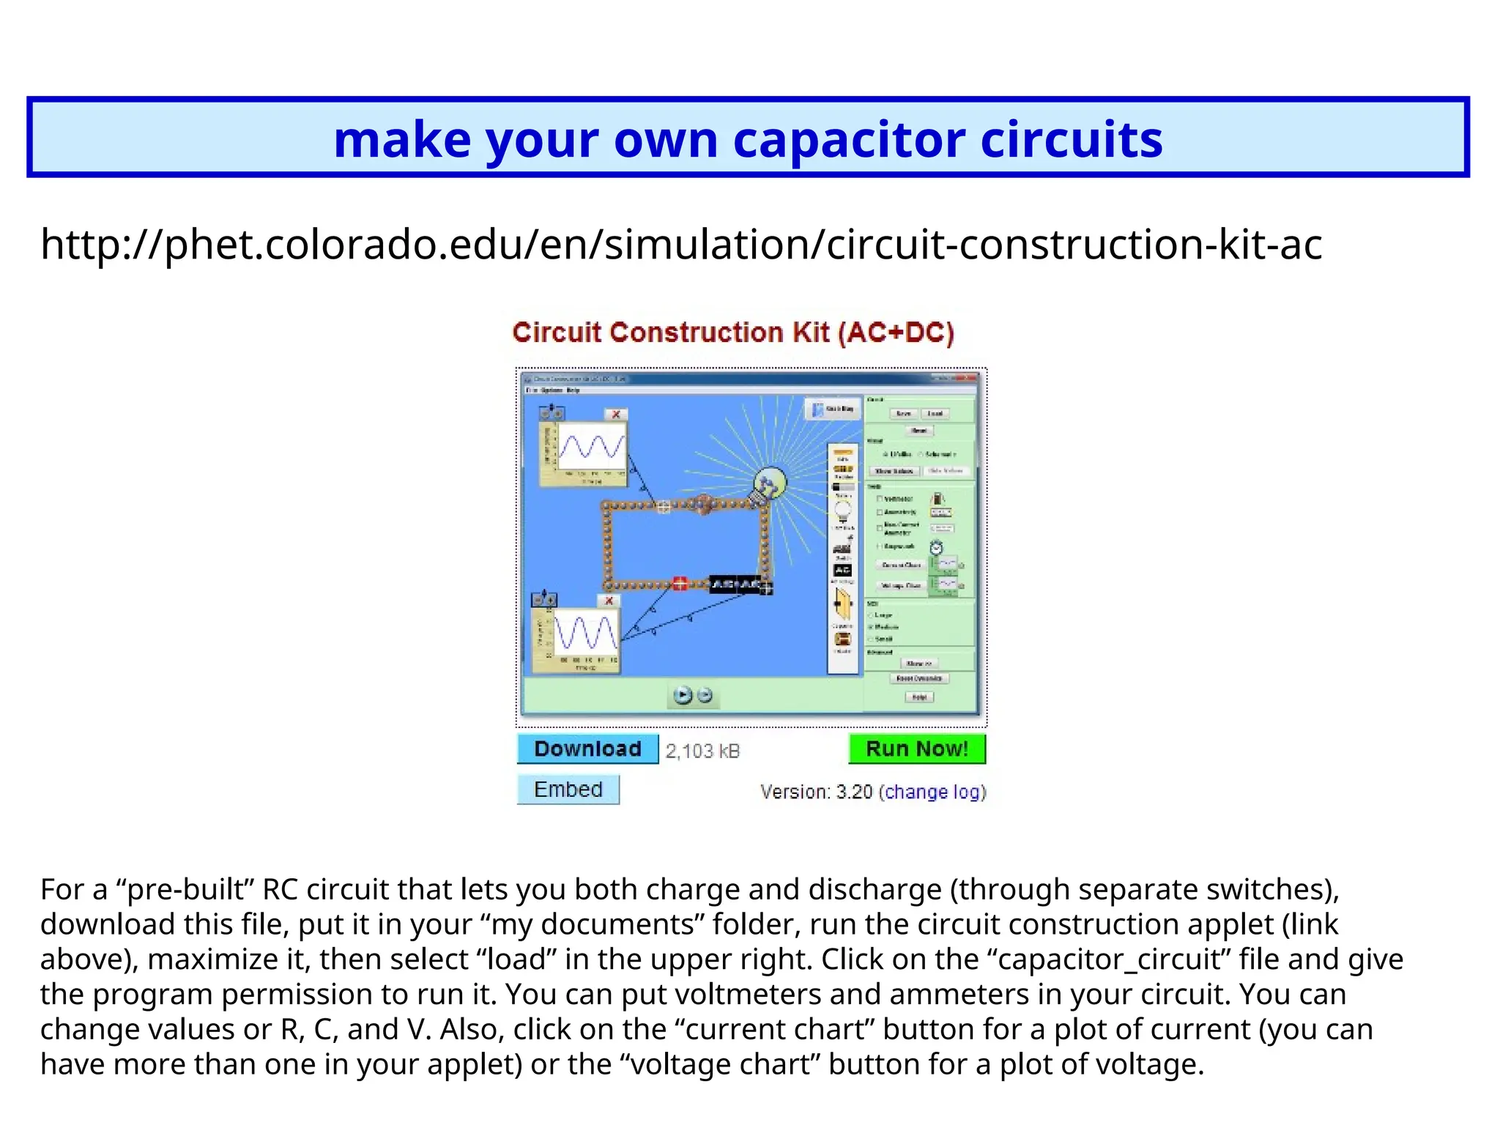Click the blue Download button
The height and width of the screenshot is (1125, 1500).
pyautogui.click(x=587, y=749)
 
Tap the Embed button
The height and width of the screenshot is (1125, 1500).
pyautogui.click(x=568, y=790)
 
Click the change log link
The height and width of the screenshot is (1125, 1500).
pyautogui.click(x=932, y=792)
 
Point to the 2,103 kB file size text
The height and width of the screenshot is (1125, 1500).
pyautogui.click(x=702, y=751)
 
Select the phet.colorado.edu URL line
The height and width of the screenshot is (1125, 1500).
pyautogui.click(x=681, y=244)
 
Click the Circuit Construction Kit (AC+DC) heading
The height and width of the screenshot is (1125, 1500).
pyautogui.click(x=733, y=333)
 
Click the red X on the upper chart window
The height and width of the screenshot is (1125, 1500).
pyautogui.click(x=616, y=414)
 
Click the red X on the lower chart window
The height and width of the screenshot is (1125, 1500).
pyautogui.click(x=609, y=601)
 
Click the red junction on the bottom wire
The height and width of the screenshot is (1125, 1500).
pyautogui.click(x=680, y=584)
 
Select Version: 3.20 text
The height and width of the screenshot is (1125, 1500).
pyautogui.click(x=817, y=792)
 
